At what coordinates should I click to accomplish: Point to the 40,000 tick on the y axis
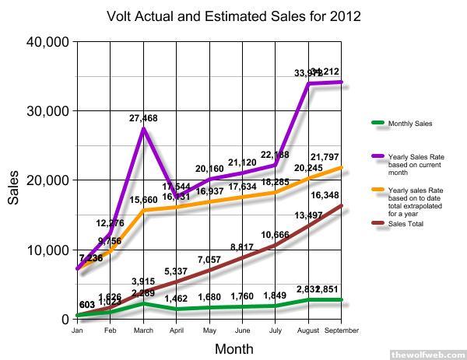pos(49,41)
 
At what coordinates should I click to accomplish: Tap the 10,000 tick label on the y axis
pos(49,250)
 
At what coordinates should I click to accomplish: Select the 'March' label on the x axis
pos(142,329)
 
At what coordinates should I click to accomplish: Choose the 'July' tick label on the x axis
pos(275,329)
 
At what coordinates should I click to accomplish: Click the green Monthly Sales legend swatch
pos(379,124)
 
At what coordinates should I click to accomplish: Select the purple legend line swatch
pos(379,157)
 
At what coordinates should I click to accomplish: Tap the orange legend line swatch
pos(379,190)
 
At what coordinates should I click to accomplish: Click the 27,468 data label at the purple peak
pos(143,118)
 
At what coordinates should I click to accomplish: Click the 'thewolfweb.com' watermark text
pos(427,355)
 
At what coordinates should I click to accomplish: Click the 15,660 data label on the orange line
pos(144,200)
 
